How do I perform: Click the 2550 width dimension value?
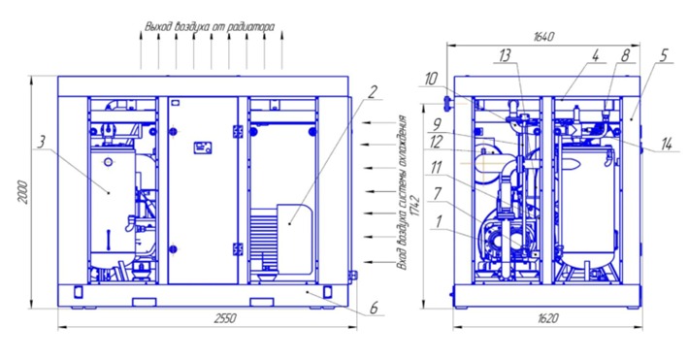pos(225,318)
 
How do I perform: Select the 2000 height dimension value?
pos(24,192)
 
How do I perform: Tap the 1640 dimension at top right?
pos(543,36)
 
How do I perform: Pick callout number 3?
pos(41,143)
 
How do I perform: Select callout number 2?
pos(372,92)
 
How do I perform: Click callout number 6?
pos(374,308)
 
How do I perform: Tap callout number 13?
pos(505,56)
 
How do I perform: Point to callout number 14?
pos(667,145)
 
